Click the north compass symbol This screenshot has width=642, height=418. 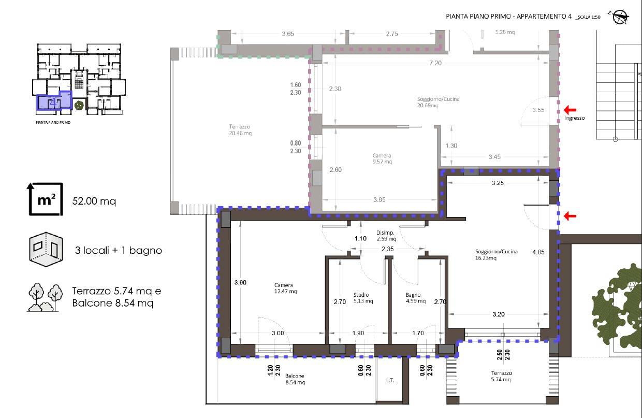coord(619,17)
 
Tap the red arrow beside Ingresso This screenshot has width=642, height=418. coord(570,109)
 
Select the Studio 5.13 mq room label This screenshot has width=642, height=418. coord(363,298)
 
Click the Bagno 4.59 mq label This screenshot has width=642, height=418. coord(415,298)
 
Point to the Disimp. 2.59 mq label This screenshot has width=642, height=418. coord(386,236)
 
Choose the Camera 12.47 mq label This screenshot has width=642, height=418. coord(285,288)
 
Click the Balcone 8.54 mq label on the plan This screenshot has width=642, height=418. coord(295,379)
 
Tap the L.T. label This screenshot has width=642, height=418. coord(390,380)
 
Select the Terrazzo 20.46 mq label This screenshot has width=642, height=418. coord(240,129)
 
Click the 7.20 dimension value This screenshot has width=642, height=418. coord(435,63)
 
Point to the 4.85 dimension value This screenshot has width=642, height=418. coord(538,252)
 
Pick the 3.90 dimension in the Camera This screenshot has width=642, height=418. coord(240,282)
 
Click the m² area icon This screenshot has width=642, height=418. coord(45,199)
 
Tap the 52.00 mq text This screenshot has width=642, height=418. coord(94,201)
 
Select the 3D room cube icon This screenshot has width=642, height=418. coord(46,249)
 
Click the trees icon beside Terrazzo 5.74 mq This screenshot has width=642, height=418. coord(45,297)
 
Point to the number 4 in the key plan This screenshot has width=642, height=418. coord(53,103)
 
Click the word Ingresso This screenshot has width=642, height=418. coord(574,118)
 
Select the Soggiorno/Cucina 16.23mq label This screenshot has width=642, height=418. coord(496,255)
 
